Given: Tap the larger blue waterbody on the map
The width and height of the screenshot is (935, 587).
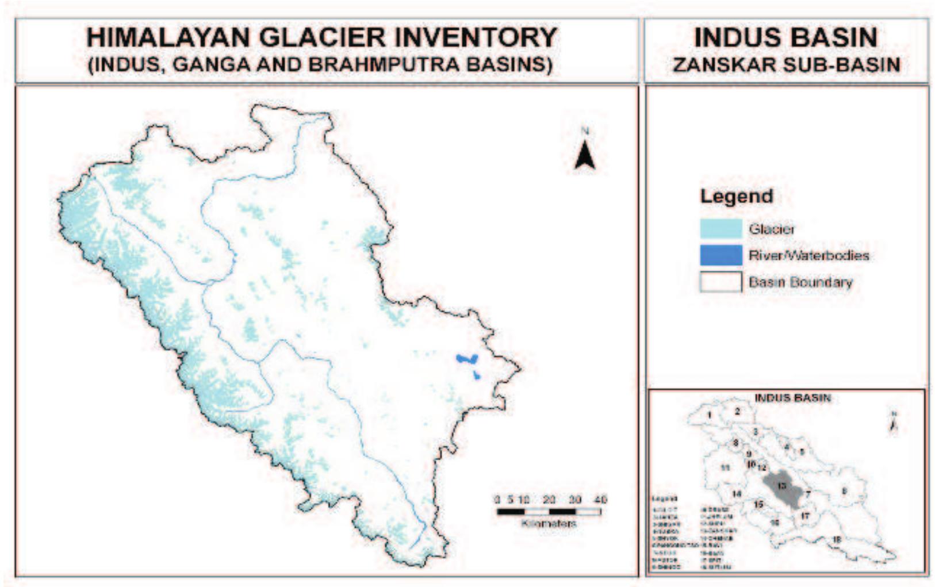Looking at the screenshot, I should (x=466, y=359).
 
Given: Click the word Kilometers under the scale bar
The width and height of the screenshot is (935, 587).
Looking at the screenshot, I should (x=549, y=523).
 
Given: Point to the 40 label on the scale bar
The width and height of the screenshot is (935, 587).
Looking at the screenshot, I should (x=600, y=500).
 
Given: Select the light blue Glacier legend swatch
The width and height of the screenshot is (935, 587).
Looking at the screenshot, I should (x=721, y=229).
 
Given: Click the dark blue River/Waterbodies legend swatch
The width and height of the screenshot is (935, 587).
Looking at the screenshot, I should (x=721, y=255).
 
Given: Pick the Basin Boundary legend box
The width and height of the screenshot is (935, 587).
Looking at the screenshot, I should (x=721, y=282).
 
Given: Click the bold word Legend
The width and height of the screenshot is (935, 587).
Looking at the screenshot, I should (x=736, y=196).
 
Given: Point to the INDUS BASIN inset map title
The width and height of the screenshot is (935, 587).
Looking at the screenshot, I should (x=792, y=397).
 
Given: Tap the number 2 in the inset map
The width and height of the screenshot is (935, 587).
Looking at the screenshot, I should (x=737, y=411).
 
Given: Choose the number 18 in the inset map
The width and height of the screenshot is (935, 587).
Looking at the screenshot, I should (x=837, y=539).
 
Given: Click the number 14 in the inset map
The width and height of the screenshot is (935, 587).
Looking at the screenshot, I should (x=737, y=494).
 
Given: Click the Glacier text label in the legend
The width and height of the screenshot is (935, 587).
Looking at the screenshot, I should (x=771, y=229).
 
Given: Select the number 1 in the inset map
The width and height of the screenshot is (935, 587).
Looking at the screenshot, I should (x=710, y=415).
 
